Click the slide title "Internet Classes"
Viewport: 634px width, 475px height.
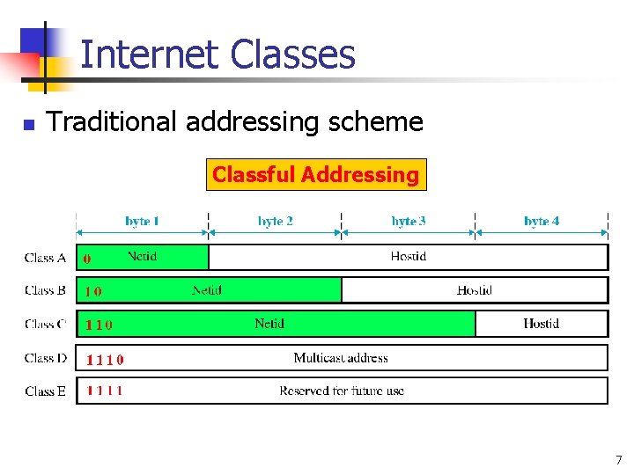click(217, 55)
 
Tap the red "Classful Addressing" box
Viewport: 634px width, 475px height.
click(315, 174)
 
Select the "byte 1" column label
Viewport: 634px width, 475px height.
click(142, 221)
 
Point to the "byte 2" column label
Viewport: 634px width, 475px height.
click(276, 221)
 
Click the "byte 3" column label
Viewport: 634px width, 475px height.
click(409, 221)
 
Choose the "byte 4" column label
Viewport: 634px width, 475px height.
click(542, 221)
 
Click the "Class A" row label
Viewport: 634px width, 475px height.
click(46, 258)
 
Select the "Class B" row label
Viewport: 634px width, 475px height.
click(46, 290)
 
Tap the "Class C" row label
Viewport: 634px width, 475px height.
click(46, 324)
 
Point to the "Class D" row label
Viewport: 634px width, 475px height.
click(46, 358)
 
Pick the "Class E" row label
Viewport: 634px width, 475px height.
click(46, 391)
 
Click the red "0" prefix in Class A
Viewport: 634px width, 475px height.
click(86, 259)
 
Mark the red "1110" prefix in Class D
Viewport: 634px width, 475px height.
click(105, 359)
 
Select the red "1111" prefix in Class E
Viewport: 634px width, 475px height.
click(104, 391)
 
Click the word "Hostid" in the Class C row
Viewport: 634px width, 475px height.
click(541, 324)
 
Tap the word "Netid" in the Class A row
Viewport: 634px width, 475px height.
click(143, 256)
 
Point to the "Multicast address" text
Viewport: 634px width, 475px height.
click(341, 357)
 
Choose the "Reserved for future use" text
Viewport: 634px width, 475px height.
click(342, 391)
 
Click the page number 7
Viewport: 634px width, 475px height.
click(619, 460)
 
